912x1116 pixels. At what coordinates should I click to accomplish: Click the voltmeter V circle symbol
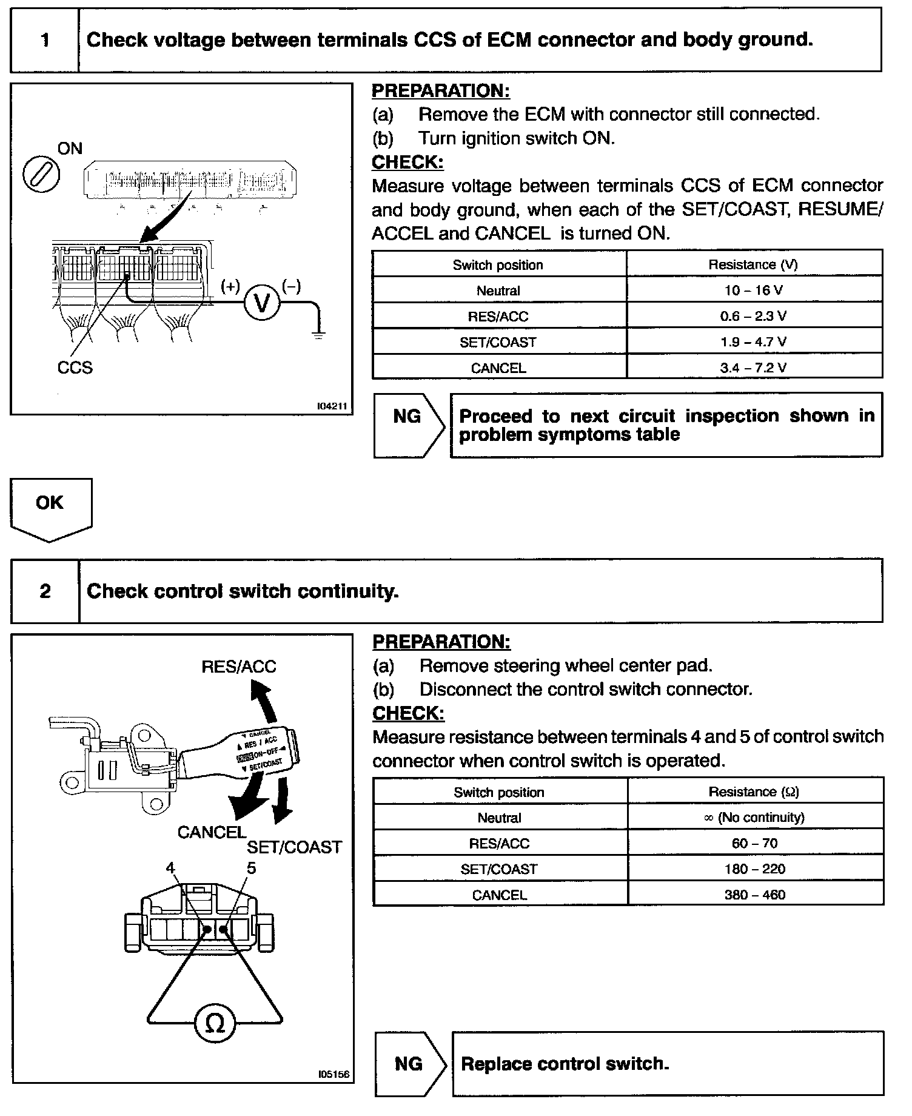click(x=262, y=303)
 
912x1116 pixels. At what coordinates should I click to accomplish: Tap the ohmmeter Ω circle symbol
click(x=215, y=1024)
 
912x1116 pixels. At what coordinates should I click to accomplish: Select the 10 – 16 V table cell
click(x=754, y=290)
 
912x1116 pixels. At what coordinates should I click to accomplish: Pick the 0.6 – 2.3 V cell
click(x=754, y=316)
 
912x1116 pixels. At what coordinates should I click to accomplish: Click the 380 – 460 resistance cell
click(x=755, y=895)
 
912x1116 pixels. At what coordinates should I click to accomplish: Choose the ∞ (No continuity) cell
click(x=755, y=818)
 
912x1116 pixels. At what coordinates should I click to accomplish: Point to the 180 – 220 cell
click(x=755, y=869)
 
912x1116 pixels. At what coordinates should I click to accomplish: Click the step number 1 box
click(x=45, y=41)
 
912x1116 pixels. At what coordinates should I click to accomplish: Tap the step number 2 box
click(x=45, y=591)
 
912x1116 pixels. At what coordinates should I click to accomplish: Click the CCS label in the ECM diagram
click(x=75, y=368)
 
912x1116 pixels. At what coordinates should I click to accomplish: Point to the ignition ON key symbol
click(x=41, y=175)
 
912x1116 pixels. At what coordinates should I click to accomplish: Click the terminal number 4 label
click(x=170, y=868)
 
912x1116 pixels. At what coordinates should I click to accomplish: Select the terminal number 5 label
click(x=251, y=868)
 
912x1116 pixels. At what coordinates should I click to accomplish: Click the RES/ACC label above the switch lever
click(x=238, y=667)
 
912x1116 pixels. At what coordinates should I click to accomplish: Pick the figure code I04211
click(x=332, y=406)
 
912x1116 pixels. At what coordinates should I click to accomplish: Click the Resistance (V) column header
click(x=753, y=264)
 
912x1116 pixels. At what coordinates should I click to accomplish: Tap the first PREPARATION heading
click(x=441, y=91)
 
